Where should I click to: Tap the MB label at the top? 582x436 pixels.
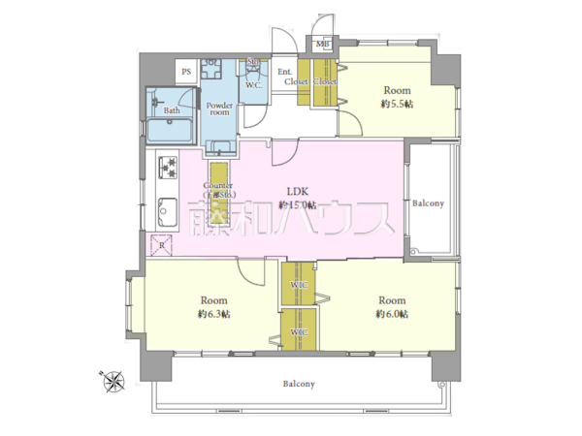click(x=322, y=44)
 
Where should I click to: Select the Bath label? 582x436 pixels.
click(x=171, y=110)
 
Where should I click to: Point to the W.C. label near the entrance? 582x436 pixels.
click(x=252, y=86)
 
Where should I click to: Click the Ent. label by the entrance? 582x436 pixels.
click(x=285, y=73)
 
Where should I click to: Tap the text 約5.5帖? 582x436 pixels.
click(x=396, y=103)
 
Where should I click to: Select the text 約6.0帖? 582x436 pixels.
click(x=392, y=315)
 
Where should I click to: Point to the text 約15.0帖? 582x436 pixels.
click(x=297, y=205)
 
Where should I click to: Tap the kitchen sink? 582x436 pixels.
click(x=164, y=210)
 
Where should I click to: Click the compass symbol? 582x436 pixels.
click(x=114, y=381)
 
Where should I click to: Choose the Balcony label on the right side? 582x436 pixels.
click(x=429, y=203)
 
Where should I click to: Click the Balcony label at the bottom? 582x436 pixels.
click(x=299, y=384)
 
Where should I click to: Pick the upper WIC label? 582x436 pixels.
click(x=298, y=286)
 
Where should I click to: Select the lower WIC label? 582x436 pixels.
click(x=298, y=332)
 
